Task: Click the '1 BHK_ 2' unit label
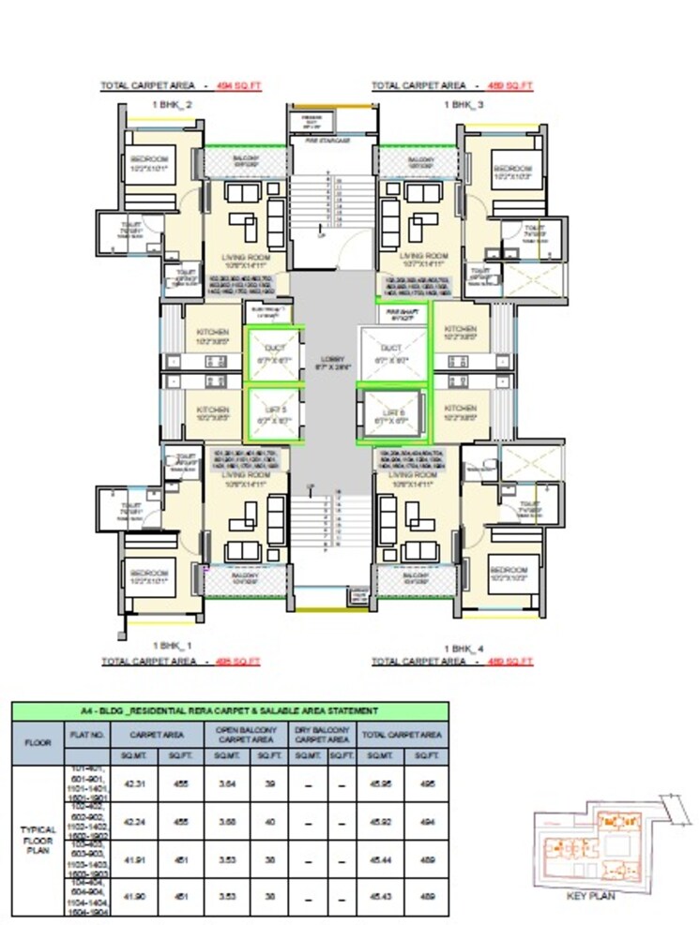[x=172, y=106]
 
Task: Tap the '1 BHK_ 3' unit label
[x=463, y=106]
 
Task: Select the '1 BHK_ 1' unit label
[x=172, y=647]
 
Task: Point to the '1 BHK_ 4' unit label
[x=463, y=648]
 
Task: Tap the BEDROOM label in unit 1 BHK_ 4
[x=512, y=574]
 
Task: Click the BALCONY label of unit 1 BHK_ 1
[x=244, y=578]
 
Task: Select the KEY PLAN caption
[x=591, y=895]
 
